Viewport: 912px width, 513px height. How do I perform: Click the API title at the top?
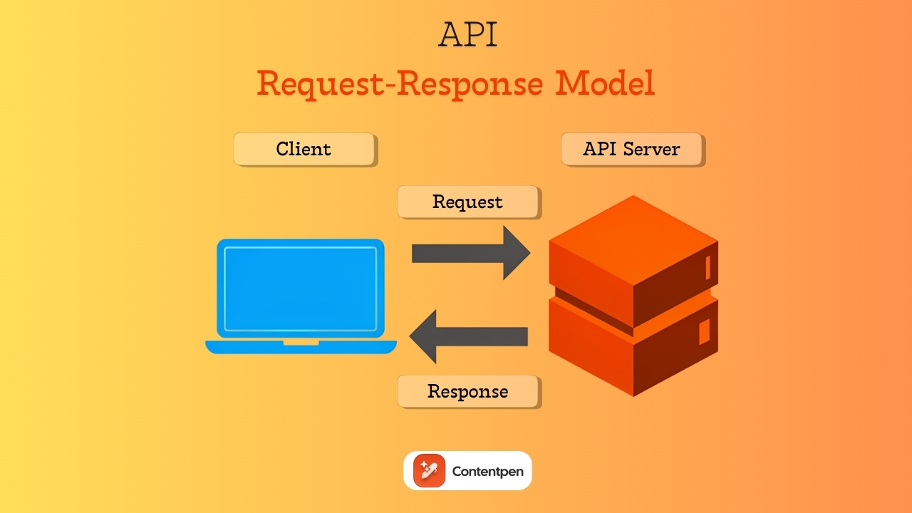point(467,34)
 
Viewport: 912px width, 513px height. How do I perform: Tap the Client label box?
point(304,149)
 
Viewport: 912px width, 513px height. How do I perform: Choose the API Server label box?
point(632,149)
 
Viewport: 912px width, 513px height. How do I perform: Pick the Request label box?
point(468,202)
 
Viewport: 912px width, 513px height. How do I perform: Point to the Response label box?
point(468,391)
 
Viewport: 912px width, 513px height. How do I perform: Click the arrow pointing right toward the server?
point(470,253)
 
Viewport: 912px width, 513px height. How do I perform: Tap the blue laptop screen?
point(301,289)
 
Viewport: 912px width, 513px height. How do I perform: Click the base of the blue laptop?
point(301,347)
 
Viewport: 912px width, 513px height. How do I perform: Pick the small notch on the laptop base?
point(301,343)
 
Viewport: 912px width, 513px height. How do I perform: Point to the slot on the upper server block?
point(708,267)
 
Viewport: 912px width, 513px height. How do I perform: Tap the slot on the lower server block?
point(704,331)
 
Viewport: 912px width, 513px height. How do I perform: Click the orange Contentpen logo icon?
point(429,471)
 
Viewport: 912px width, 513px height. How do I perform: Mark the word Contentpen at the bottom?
point(487,472)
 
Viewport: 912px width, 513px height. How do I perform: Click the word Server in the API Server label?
point(652,149)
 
